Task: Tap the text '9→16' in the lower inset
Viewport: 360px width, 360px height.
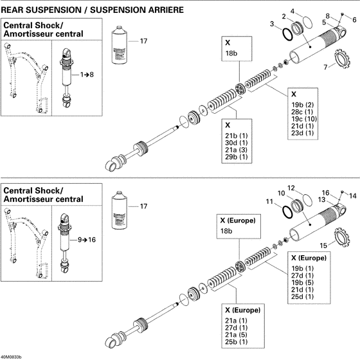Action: pos(87,238)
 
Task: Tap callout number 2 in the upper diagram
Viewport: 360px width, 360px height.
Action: pos(284,15)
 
